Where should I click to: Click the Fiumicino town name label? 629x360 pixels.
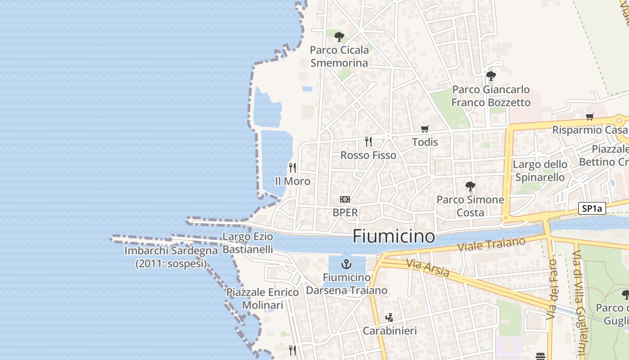(394, 236)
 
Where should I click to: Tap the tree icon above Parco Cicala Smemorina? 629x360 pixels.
(339, 37)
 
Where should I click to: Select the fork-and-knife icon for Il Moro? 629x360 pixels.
(292, 168)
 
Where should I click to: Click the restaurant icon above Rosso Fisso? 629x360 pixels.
(368, 142)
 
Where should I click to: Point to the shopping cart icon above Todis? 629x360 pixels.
(425, 129)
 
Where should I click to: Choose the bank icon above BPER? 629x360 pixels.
(345, 199)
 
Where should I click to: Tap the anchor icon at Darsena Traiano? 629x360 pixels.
(346, 264)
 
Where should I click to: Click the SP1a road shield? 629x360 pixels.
(592, 208)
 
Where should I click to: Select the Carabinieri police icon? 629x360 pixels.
(390, 318)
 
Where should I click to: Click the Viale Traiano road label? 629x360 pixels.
(491, 245)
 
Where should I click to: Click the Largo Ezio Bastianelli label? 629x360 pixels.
(248, 243)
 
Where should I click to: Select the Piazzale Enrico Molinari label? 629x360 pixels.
(262, 299)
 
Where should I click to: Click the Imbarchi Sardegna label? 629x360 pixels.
(171, 257)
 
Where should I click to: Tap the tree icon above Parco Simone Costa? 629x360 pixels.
(470, 186)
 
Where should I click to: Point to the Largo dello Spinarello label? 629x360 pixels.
(540, 171)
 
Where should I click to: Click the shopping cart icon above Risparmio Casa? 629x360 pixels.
(590, 117)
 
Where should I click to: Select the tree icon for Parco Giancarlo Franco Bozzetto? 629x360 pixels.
(491, 76)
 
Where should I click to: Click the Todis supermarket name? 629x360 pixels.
(425, 142)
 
